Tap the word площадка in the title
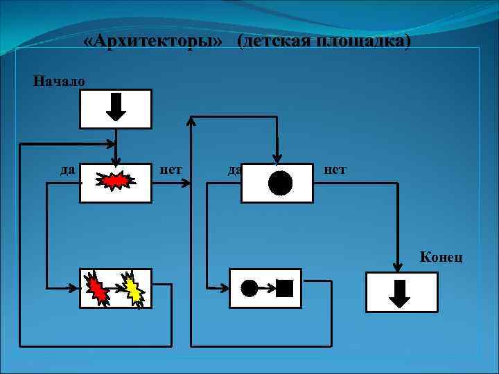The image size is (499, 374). click(363, 42)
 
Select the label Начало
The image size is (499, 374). click(60, 82)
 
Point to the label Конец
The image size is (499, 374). click(441, 258)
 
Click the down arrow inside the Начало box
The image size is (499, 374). click(116, 108)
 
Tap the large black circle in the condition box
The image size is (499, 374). click(280, 183)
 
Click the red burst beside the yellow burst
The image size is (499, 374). click(98, 287)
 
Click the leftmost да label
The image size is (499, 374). click(68, 168)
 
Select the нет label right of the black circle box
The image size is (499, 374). click(335, 168)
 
